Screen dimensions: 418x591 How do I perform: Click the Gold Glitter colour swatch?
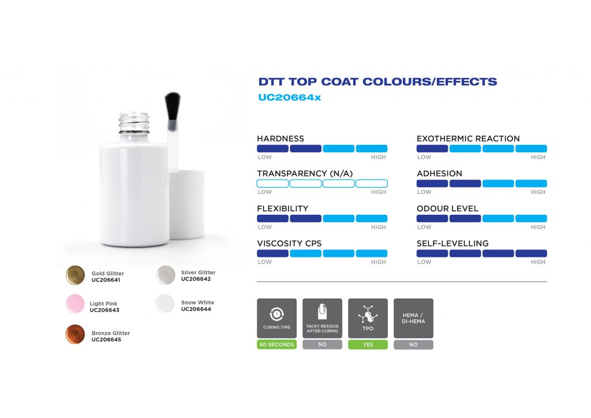pyautogui.click(x=75, y=276)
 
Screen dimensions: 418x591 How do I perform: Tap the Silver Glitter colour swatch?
pyautogui.click(x=166, y=275)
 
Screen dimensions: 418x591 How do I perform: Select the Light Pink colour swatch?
pyautogui.click(x=75, y=304)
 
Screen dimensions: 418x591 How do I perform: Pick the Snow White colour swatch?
pyautogui.click(x=166, y=304)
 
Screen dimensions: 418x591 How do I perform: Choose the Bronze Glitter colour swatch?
pyautogui.click(x=75, y=335)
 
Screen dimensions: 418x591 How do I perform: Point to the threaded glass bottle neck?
pyautogui.click(x=134, y=123)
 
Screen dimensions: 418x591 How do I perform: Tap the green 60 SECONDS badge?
pyautogui.click(x=277, y=345)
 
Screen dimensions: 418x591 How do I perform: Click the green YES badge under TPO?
pyautogui.click(x=368, y=345)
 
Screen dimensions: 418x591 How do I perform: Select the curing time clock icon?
pyautogui.click(x=277, y=314)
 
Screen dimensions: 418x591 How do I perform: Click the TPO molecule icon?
pyautogui.click(x=368, y=315)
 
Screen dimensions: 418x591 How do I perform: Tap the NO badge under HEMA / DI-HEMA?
pyautogui.click(x=413, y=345)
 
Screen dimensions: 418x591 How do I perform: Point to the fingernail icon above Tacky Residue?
pyautogui.click(x=322, y=312)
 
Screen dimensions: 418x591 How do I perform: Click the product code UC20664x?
pyautogui.click(x=289, y=98)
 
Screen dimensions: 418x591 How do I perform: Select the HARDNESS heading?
pyautogui.click(x=280, y=139)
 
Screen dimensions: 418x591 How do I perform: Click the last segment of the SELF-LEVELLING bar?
pyautogui.click(x=531, y=253)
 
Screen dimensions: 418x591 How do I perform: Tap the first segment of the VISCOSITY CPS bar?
pyautogui.click(x=272, y=253)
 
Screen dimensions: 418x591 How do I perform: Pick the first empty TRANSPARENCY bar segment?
pyautogui.click(x=272, y=184)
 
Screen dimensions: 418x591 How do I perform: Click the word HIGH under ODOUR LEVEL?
pyautogui.click(x=538, y=227)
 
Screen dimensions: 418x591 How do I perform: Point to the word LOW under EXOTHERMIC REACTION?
pyautogui.click(x=424, y=157)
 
